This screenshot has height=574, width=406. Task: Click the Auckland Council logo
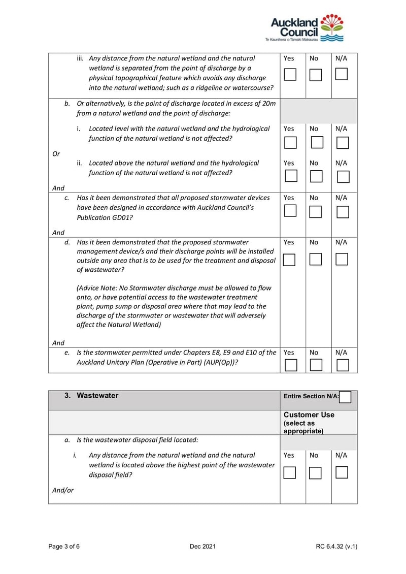tap(307, 28)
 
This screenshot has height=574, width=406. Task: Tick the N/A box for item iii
tap(342, 75)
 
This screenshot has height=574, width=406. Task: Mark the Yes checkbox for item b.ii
tap(290, 176)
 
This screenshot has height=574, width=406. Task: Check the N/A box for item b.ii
tap(344, 177)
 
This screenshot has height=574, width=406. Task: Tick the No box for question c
tap(316, 212)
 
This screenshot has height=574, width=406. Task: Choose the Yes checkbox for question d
tap(289, 260)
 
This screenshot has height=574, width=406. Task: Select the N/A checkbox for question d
tap(342, 260)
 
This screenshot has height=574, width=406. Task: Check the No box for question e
tap(316, 365)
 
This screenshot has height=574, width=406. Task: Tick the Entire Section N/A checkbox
tap(345, 397)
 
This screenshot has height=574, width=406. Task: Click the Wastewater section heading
tap(97, 396)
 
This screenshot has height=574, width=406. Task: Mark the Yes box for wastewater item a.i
tap(289, 473)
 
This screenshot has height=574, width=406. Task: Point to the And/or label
tap(63, 490)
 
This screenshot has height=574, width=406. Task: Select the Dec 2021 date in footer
tap(202, 547)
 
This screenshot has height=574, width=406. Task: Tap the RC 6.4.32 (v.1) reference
tap(336, 547)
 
